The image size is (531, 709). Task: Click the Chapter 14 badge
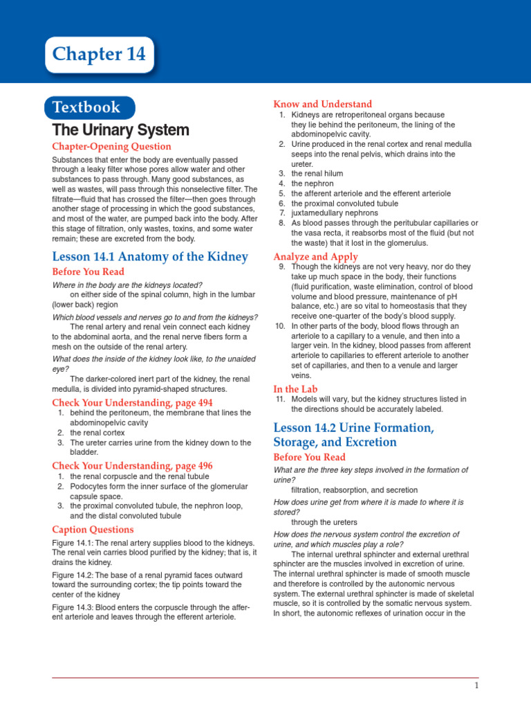(99, 55)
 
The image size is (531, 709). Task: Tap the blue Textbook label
(90, 107)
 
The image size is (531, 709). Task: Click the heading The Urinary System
(120, 130)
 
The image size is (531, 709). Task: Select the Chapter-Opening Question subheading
(112, 147)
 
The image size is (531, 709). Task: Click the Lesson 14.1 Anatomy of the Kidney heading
(150, 257)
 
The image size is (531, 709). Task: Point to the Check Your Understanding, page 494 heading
(132, 402)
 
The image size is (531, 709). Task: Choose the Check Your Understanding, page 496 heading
(132, 466)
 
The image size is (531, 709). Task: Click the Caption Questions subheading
(93, 530)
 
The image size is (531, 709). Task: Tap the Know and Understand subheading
(323, 104)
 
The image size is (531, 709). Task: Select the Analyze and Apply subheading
(316, 257)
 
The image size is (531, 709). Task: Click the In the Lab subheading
(295, 389)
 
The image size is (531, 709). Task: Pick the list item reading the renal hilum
(317, 174)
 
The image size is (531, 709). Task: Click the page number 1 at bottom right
(476, 685)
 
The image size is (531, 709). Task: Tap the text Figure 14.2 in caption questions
(73, 575)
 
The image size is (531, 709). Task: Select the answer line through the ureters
(324, 522)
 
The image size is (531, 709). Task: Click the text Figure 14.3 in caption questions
(73, 607)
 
